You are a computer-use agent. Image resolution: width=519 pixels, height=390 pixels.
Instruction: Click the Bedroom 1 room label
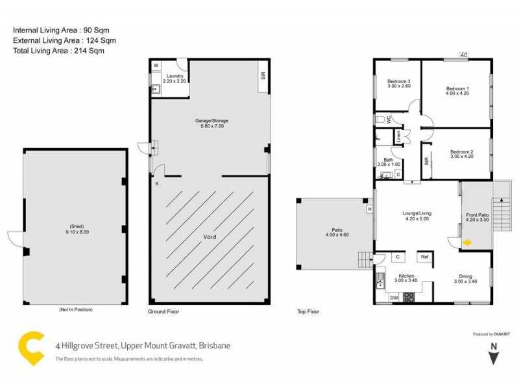click(x=457, y=88)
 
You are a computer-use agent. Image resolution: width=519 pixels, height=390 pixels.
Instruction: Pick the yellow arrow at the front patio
click(x=466, y=243)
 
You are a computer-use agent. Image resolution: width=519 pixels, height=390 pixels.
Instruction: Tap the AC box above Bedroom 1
click(x=464, y=55)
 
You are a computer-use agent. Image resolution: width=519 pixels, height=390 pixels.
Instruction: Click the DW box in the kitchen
click(x=394, y=298)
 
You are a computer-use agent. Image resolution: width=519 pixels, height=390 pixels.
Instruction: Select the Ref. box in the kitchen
click(x=426, y=256)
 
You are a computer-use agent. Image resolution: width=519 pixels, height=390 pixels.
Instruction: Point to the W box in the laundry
click(x=156, y=66)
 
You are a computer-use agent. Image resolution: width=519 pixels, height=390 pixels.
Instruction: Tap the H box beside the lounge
click(x=369, y=209)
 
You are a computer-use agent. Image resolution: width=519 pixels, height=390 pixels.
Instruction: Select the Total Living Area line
click(x=58, y=50)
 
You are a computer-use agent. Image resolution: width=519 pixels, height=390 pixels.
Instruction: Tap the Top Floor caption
click(x=308, y=312)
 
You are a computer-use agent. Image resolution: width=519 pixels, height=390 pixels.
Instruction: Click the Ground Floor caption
click(x=163, y=312)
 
